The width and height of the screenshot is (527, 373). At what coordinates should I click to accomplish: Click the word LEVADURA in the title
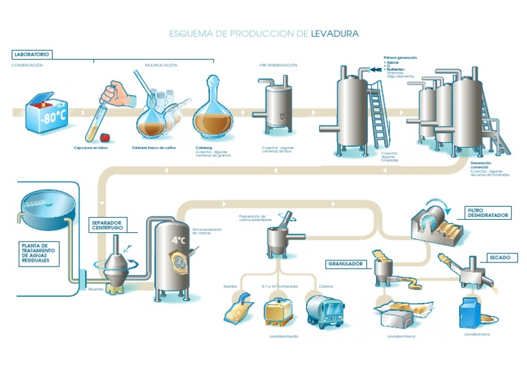(335, 32)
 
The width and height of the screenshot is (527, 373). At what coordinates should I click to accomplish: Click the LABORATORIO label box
(32, 54)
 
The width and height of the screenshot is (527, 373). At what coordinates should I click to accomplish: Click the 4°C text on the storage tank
(180, 240)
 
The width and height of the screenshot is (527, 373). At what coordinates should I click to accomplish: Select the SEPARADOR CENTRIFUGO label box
(108, 226)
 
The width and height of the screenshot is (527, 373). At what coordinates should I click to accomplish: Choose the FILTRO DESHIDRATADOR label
(487, 213)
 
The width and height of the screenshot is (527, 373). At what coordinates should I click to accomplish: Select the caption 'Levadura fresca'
(401, 337)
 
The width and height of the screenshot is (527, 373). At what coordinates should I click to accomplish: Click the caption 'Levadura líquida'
(277, 337)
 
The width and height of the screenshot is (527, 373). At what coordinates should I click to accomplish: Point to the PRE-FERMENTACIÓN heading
(278, 65)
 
